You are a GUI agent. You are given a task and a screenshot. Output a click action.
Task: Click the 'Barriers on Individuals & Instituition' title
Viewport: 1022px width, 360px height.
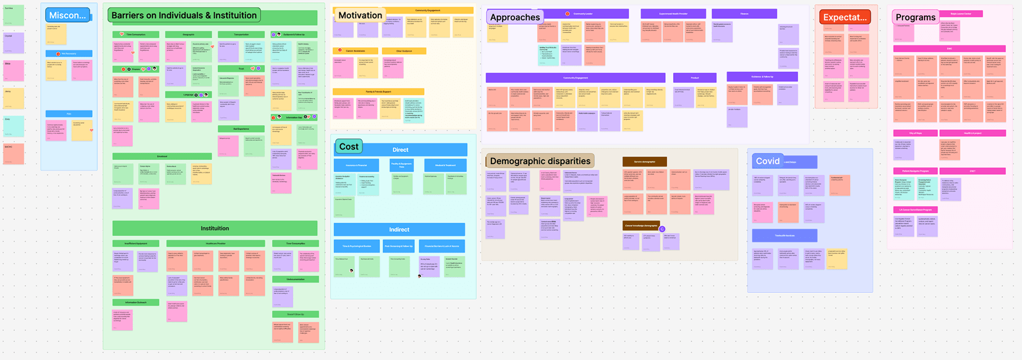click(x=184, y=15)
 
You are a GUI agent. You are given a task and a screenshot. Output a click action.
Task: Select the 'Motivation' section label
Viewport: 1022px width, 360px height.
click(x=360, y=15)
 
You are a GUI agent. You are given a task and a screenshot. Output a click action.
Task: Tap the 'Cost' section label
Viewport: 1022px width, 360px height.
click(x=348, y=146)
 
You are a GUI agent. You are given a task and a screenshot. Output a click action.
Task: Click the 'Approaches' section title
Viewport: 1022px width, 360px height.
click(x=514, y=17)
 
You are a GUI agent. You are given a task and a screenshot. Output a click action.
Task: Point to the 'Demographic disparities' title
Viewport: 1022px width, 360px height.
click(x=540, y=161)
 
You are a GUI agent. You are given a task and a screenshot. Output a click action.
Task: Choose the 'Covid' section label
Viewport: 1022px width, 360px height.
click(x=768, y=161)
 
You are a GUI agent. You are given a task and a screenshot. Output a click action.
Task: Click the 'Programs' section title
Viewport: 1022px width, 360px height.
click(x=915, y=17)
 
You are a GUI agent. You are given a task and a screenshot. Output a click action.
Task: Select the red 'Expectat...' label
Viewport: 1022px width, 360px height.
click(x=845, y=17)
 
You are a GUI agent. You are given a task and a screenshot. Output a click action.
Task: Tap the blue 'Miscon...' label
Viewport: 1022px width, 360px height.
click(x=68, y=15)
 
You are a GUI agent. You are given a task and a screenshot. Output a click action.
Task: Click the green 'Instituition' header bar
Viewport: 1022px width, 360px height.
click(x=214, y=228)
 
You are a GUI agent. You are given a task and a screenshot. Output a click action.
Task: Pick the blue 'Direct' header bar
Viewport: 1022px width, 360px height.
click(x=400, y=150)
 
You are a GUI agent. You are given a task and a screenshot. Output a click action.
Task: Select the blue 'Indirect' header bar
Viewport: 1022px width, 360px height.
click(x=399, y=229)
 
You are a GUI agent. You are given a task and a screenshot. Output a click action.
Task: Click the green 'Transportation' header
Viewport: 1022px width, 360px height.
click(x=241, y=34)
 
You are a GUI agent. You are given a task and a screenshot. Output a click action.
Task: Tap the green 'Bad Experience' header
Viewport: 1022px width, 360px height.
click(x=241, y=129)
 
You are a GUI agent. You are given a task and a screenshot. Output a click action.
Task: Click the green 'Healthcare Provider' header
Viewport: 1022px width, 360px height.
click(x=215, y=244)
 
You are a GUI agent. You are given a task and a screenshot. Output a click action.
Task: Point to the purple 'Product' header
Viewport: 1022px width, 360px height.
click(x=694, y=78)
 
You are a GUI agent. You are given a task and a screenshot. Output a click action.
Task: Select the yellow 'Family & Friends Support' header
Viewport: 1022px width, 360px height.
click(x=378, y=91)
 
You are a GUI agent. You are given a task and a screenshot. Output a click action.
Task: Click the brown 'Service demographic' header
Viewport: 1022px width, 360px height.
click(x=644, y=161)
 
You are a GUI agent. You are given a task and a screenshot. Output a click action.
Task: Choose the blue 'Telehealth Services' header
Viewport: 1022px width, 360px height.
click(x=785, y=235)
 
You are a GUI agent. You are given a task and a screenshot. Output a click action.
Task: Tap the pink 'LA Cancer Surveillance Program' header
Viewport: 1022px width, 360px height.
click(x=916, y=210)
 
